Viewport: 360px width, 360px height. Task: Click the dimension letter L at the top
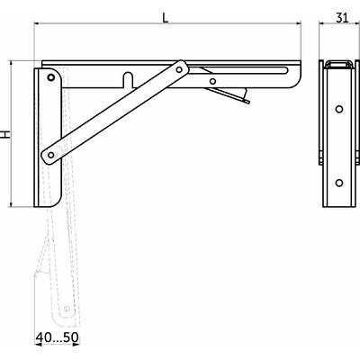(164, 16)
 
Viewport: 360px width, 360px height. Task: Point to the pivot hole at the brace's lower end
(51, 156)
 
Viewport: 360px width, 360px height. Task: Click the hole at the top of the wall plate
(50, 78)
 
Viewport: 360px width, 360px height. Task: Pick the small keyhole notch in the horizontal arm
(129, 79)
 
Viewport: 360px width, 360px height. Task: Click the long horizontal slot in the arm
(243, 71)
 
